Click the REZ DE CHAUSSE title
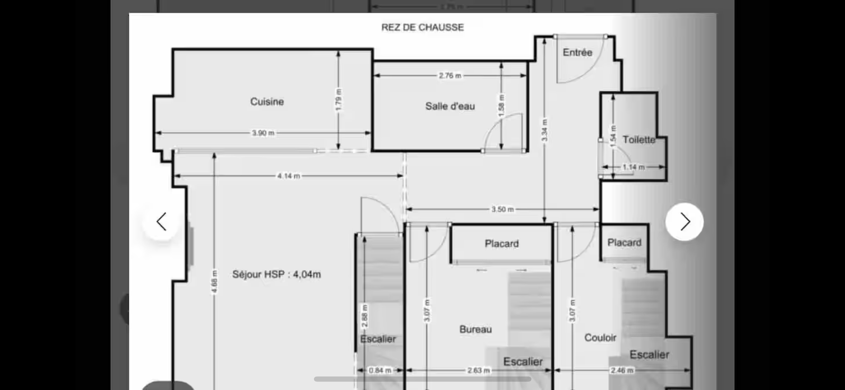(422, 27)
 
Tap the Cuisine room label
(267, 101)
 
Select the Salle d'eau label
(450, 106)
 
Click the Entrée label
(577, 52)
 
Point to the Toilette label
(639, 140)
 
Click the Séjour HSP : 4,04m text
(276, 274)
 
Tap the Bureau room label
(475, 329)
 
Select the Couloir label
(600, 338)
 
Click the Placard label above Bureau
(502, 244)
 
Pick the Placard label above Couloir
(624, 243)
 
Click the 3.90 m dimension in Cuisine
(263, 133)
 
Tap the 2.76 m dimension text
(449, 76)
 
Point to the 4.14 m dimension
(288, 176)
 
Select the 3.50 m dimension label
(502, 209)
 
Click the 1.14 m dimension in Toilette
(633, 167)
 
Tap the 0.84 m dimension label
(380, 370)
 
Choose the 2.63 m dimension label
(478, 370)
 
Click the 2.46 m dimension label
(622, 370)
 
